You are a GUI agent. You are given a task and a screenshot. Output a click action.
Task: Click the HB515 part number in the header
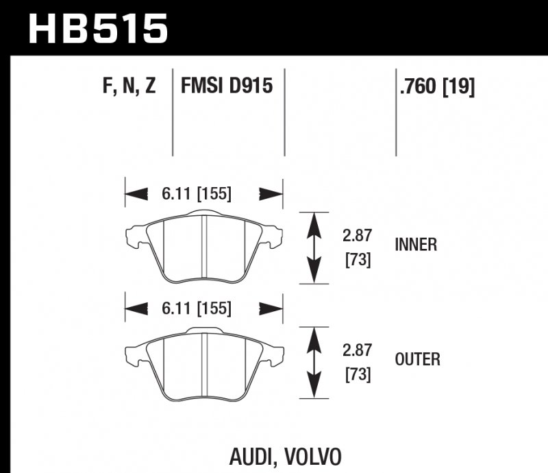point(98,29)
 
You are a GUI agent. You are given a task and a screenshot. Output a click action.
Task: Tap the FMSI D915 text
point(227,86)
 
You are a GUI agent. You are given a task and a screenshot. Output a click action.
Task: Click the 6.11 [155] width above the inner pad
point(197,194)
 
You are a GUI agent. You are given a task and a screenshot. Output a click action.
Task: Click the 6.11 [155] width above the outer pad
point(197,308)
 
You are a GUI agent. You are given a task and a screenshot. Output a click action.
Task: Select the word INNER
point(416,245)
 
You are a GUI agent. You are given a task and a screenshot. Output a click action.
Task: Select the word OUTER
point(417,359)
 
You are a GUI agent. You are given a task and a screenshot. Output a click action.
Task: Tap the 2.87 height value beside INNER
point(357,236)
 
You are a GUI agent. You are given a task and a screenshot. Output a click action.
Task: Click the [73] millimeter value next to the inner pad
point(357,260)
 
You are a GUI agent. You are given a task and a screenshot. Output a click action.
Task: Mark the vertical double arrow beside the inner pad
point(314,247)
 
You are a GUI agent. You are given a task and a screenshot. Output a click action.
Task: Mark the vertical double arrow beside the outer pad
point(314,361)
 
